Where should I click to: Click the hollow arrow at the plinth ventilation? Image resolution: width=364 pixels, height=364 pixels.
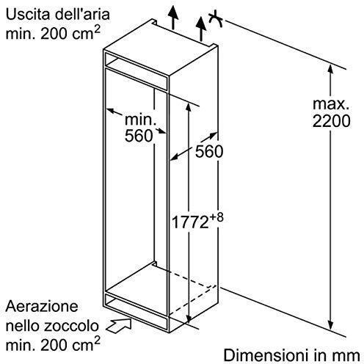click(x=119, y=325)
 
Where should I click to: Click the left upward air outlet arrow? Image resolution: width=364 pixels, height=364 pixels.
click(x=173, y=17)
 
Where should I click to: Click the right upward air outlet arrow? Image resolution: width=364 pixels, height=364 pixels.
click(x=201, y=29)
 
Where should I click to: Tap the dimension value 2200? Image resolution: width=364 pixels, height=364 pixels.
click(x=331, y=120)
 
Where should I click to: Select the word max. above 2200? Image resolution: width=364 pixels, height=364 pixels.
click(x=331, y=104)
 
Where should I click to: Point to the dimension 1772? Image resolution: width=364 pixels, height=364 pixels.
click(x=190, y=222)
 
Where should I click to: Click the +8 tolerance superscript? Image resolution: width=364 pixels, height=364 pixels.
click(x=216, y=217)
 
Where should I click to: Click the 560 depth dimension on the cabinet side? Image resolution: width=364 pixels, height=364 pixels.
click(x=209, y=151)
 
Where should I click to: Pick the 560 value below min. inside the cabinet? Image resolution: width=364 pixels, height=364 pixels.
click(x=139, y=135)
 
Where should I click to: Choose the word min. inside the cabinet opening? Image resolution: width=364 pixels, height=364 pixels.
click(x=140, y=120)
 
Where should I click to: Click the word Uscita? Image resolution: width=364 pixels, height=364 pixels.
click(x=27, y=15)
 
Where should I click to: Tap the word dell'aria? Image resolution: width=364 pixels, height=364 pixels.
click(x=82, y=15)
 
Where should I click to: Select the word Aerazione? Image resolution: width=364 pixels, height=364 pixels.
click(x=42, y=306)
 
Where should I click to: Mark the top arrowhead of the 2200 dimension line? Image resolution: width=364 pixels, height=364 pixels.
click(x=330, y=68)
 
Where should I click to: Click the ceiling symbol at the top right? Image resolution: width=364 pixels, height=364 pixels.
click(x=215, y=18)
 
